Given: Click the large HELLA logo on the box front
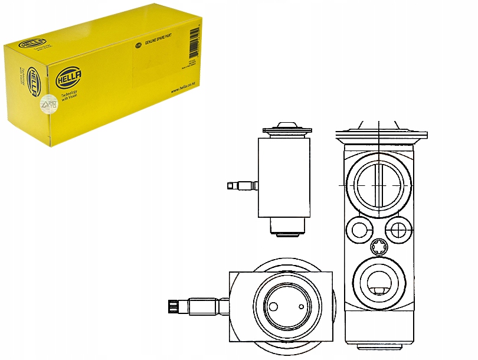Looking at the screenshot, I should point(69,77).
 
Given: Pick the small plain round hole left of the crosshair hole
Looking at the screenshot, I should point(359,228).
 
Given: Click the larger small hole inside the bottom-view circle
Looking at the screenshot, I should point(273,307).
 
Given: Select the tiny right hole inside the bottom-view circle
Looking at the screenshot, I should point(301,307).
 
